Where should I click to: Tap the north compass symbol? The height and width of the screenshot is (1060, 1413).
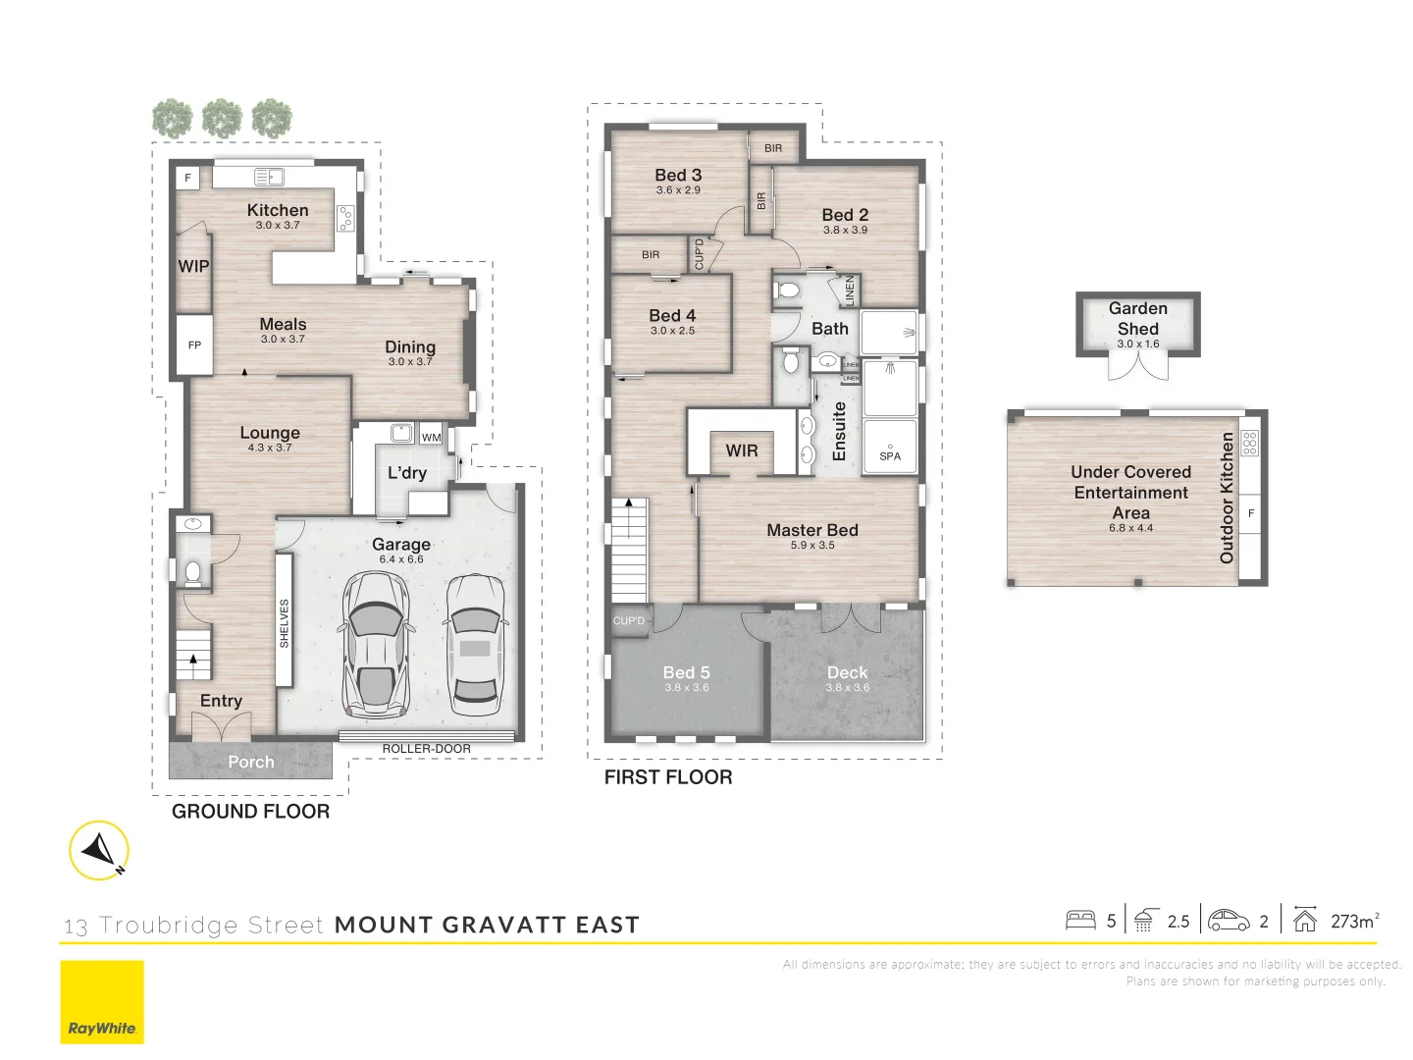99,850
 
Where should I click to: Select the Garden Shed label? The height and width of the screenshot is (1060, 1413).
1137,318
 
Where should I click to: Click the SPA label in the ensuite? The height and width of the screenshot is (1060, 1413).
890,455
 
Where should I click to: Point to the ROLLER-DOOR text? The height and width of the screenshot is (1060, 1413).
426,749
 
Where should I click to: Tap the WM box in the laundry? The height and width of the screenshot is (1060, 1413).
431,437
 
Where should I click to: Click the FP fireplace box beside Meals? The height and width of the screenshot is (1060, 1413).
194,344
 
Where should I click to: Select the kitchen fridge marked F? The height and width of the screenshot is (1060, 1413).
188,178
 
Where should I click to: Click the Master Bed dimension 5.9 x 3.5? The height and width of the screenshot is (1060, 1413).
812,546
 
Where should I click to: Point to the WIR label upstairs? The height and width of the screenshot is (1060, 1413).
742,450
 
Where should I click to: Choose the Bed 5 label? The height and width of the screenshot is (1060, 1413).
686,672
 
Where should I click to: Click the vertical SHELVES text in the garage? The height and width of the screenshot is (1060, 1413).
285,622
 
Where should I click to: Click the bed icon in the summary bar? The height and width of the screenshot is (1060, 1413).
1080,920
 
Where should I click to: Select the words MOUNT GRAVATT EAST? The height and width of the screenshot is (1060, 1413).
487,925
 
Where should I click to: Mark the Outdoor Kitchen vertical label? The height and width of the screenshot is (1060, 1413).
1227,498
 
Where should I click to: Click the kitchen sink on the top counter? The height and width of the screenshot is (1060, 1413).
269,177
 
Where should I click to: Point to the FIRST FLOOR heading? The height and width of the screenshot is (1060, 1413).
668,777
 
